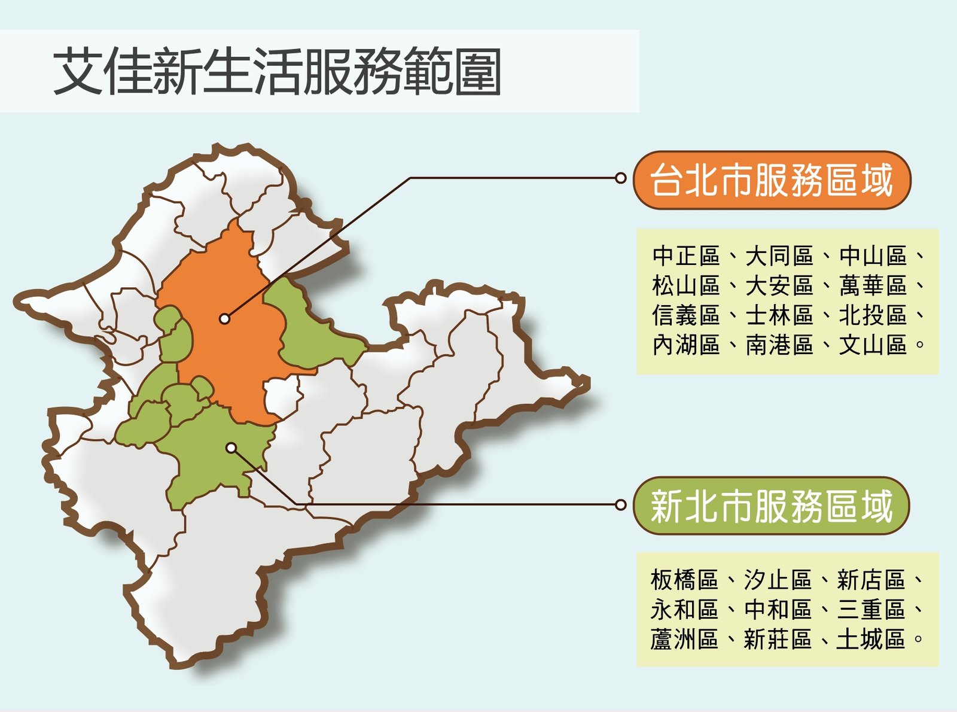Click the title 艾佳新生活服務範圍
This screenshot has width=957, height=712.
(276, 71)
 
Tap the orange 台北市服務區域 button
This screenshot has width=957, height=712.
(772, 180)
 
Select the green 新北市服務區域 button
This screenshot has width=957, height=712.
(772, 506)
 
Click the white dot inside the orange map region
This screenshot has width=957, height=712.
(224, 319)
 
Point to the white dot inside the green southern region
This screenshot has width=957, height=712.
(231, 448)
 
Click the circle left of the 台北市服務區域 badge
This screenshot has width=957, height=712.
(620, 178)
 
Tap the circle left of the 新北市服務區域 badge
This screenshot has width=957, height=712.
(620, 504)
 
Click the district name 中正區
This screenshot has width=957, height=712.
(686, 255)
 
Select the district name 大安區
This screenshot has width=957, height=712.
(779, 285)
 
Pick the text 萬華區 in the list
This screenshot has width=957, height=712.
(873, 285)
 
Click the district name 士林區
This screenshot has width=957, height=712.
(779, 315)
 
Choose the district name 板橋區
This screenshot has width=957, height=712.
(684, 580)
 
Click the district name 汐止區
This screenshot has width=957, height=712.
(778, 580)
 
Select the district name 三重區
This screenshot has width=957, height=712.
(871, 610)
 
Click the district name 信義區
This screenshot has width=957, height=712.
(686, 315)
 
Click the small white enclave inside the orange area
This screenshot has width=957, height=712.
(282, 396)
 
